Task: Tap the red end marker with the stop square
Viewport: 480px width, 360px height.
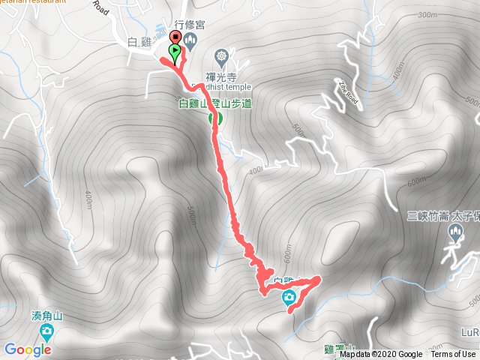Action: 175,38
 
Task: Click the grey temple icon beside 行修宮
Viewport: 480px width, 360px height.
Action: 190,39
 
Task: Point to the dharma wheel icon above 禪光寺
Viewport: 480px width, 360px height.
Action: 221,55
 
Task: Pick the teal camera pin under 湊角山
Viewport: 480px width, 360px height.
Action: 46,330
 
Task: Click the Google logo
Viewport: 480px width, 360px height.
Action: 27,349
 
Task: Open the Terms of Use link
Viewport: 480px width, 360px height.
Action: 453,355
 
